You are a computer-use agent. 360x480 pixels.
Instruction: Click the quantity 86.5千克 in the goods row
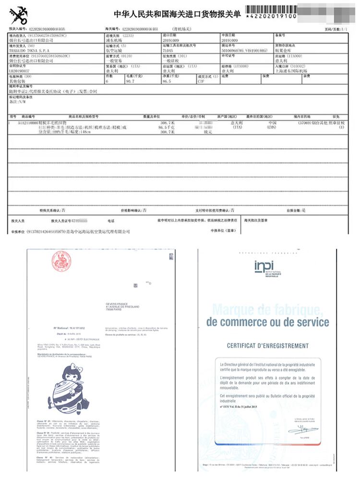click(x=165, y=128)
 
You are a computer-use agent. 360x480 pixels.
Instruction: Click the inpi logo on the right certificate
click(x=264, y=267)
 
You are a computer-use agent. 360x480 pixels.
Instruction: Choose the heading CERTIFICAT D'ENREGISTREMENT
click(x=268, y=346)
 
